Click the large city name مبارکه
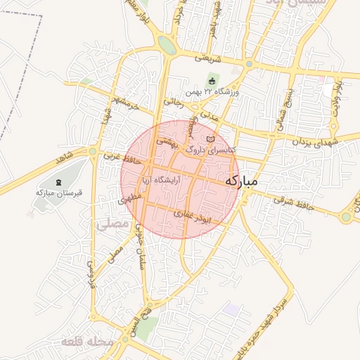[241, 181]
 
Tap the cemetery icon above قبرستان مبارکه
[58, 183]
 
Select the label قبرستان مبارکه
[56, 192]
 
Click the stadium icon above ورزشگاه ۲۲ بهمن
[212, 82]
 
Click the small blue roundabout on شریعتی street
[248, 64]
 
